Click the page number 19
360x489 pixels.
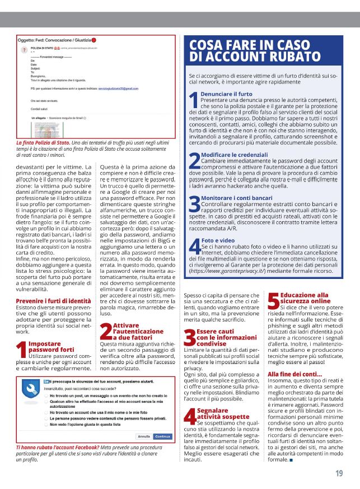click(x=339, y=473)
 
